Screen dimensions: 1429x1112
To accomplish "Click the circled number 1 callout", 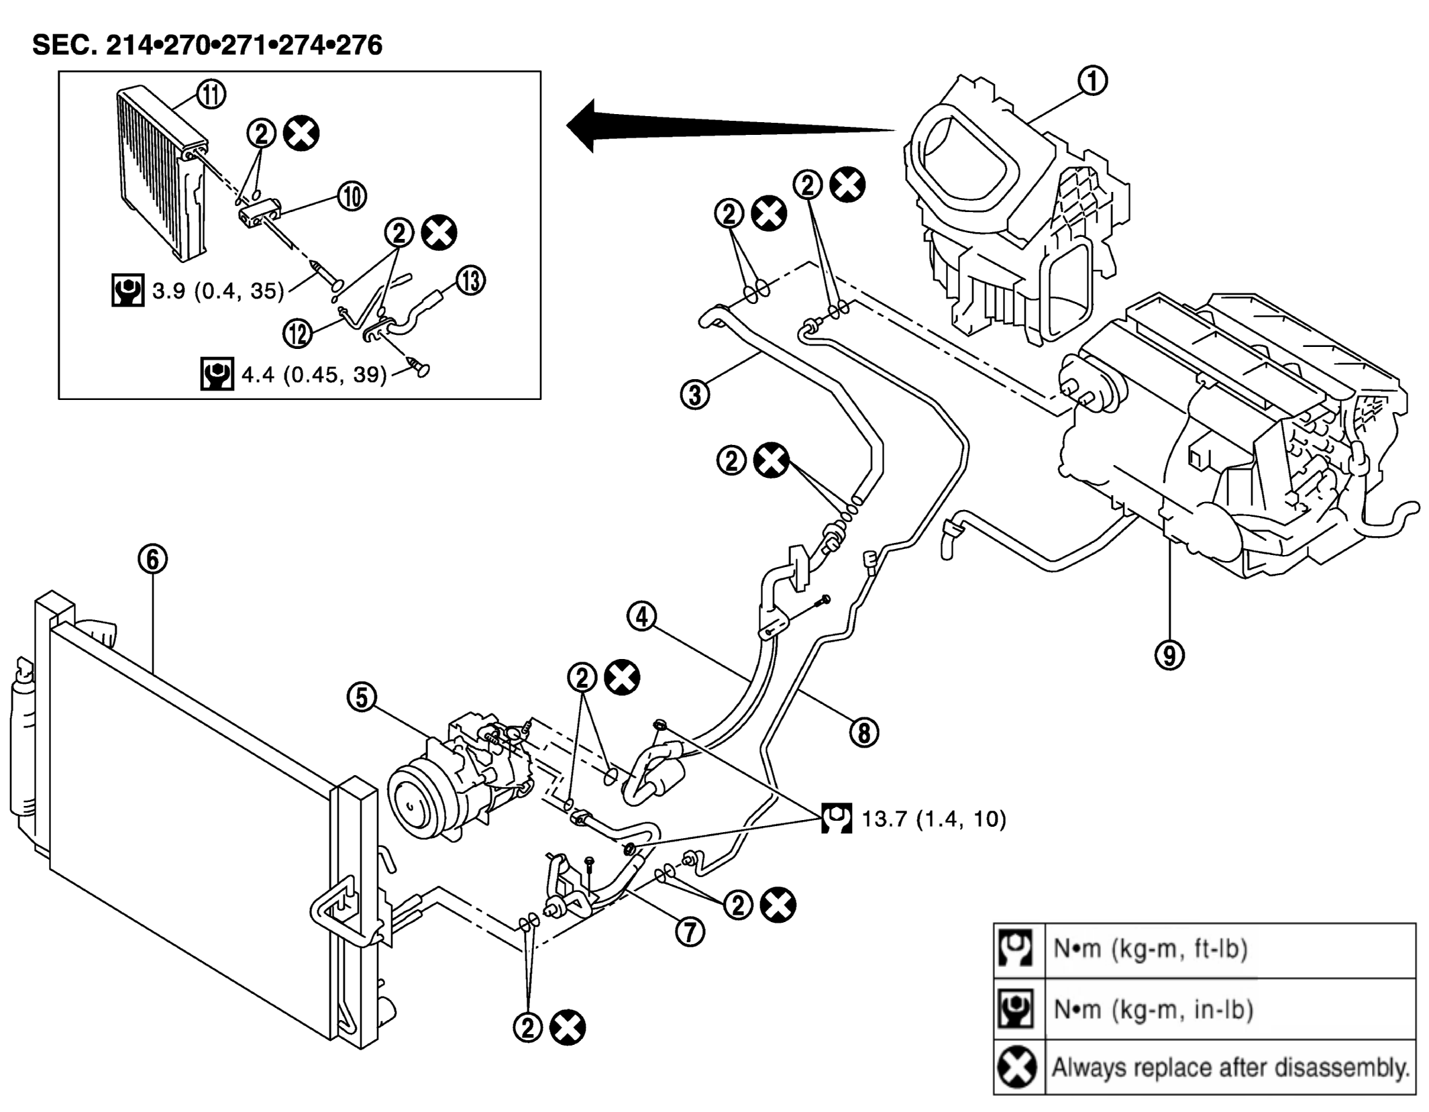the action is pyautogui.click(x=1092, y=81).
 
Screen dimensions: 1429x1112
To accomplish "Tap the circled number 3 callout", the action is pyautogui.click(x=695, y=394).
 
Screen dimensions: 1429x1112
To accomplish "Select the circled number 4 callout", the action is pyautogui.click(x=642, y=616).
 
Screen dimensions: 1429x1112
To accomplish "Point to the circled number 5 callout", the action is pyautogui.click(x=362, y=697).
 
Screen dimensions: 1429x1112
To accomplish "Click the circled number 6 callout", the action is pyautogui.click(x=153, y=558).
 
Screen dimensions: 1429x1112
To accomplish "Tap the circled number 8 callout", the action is pyautogui.click(x=864, y=731).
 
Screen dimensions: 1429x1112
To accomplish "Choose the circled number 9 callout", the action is pyautogui.click(x=1169, y=654).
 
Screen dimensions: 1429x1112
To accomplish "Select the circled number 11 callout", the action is pyautogui.click(x=211, y=94).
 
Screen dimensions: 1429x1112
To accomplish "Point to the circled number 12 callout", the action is pyautogui.click(x=298, y=333).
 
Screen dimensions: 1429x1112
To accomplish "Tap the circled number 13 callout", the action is pyautogui.click(x=471, y=281).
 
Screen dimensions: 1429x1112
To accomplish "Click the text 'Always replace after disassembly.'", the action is pyautogui.click(x=1230, y=1066).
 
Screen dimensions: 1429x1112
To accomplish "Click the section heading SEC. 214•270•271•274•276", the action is pyautogui.click(x=207, y=45).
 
